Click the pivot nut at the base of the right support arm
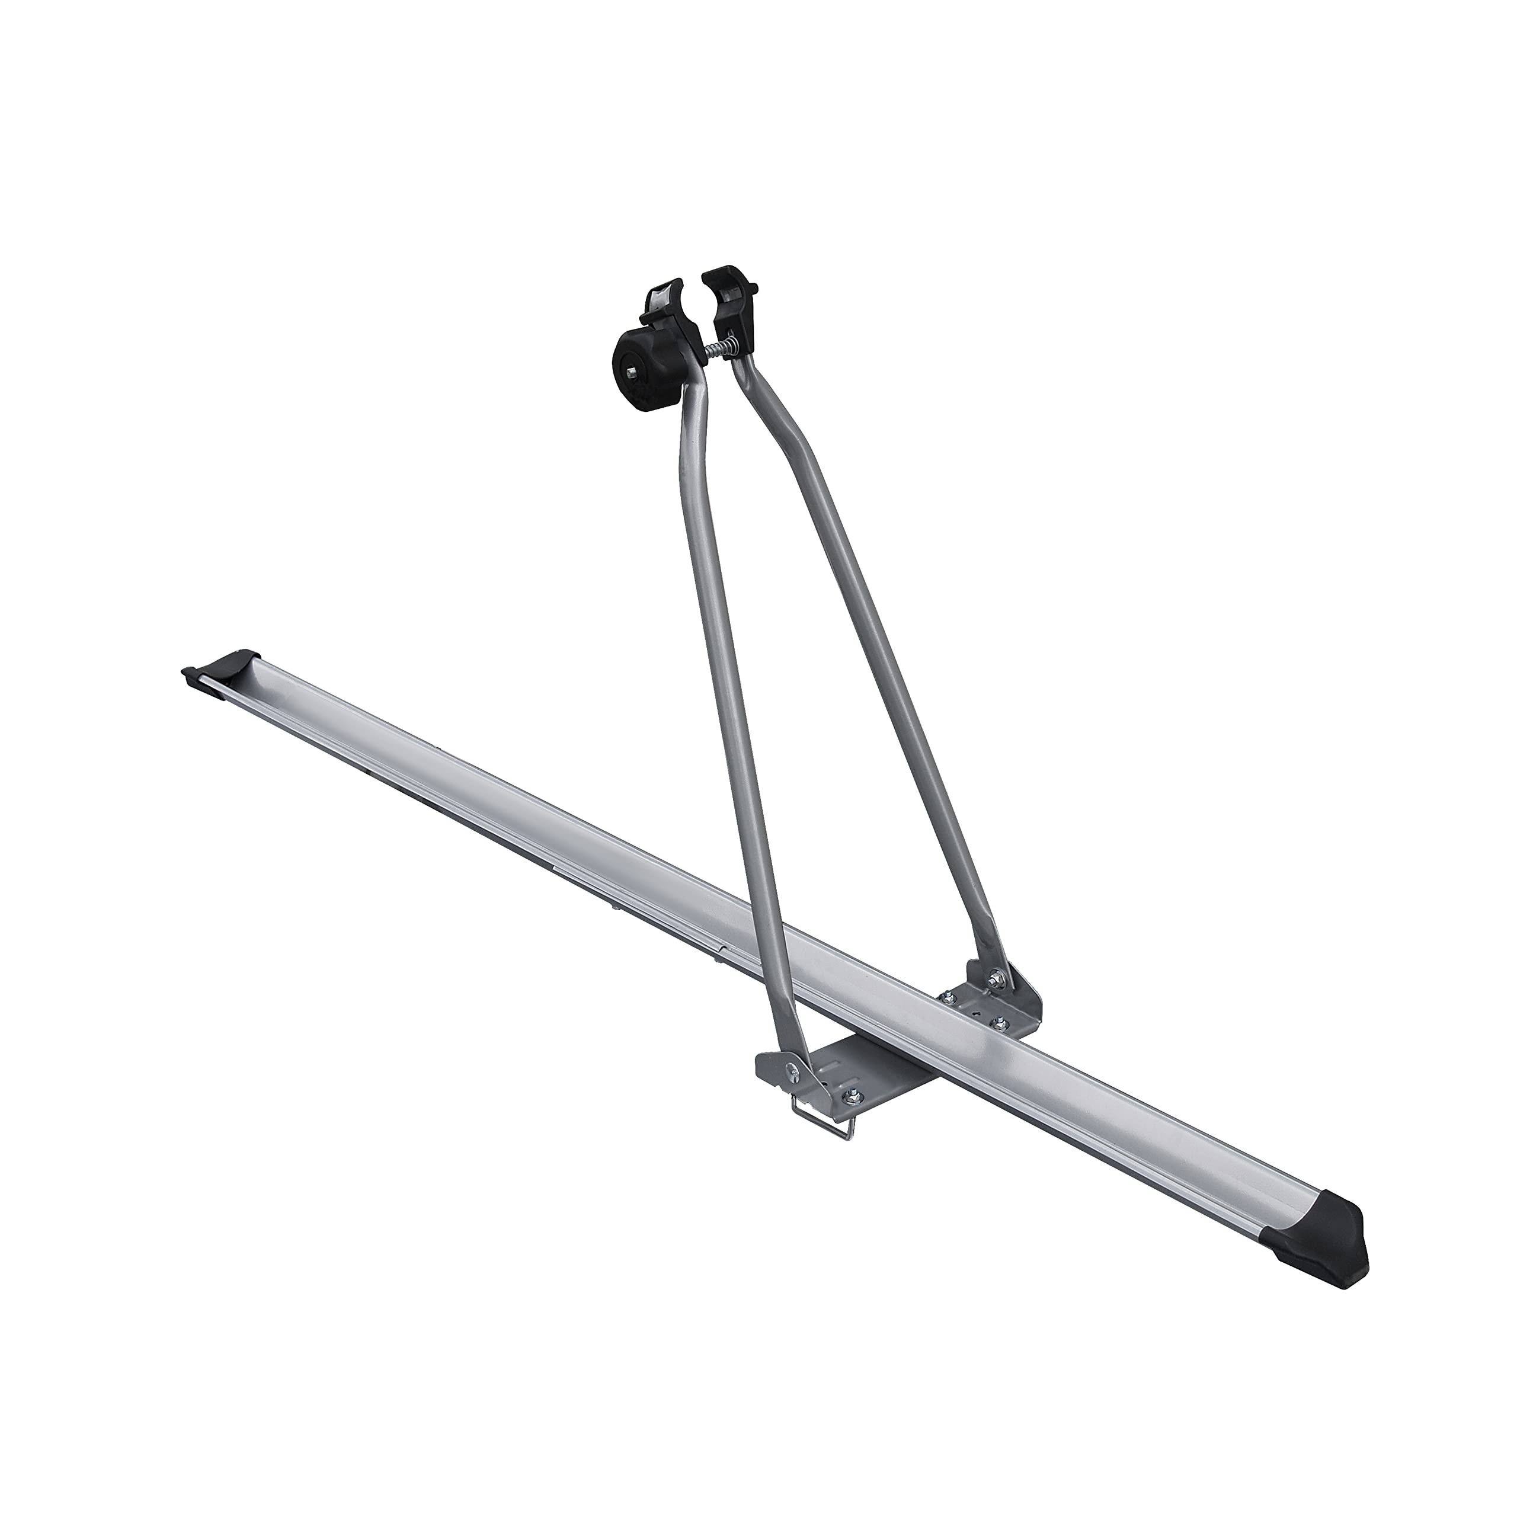[996, 978]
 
